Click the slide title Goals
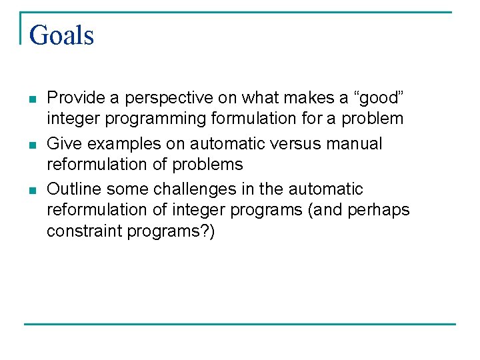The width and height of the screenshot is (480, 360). click(x=61, y=35)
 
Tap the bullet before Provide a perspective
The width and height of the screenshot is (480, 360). click(x=31, y=99)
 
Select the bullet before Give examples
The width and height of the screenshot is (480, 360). click(x=31, y=145)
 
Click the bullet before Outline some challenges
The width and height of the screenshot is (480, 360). click(x=31, y=190)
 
